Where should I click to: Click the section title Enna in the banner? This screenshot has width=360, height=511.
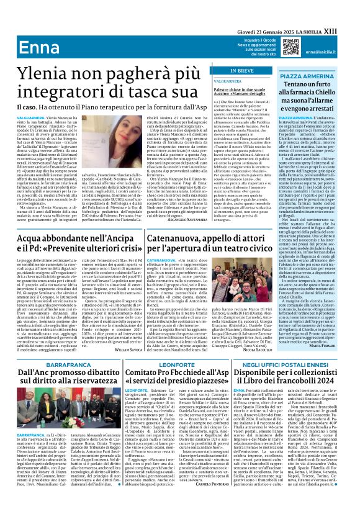tap(38, 49)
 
